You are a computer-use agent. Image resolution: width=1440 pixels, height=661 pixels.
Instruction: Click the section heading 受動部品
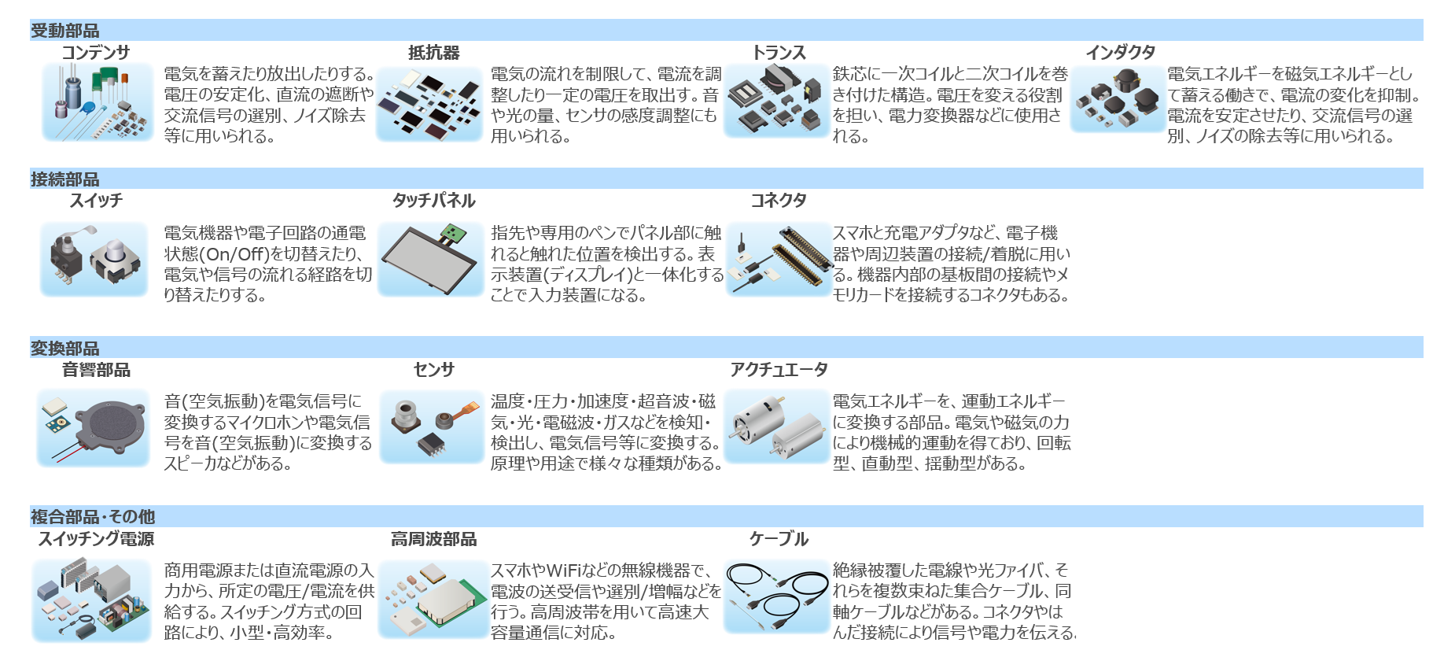pos(64,31)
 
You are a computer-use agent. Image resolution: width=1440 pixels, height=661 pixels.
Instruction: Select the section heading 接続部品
pos(64,179)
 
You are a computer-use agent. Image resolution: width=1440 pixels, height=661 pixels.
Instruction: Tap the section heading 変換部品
pos(64,348)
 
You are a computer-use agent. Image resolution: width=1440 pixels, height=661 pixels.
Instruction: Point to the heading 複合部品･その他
pos(93,517)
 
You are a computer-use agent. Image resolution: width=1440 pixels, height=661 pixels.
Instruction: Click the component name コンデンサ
pos(96,53)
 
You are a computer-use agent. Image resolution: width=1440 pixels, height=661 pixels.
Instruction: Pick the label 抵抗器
pos(433,53)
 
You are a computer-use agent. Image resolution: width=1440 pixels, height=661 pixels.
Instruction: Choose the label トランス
pos(779,53)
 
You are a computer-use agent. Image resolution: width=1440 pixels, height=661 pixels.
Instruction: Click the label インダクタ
pos(1120,53)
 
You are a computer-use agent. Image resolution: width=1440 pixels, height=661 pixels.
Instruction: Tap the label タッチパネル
pos(433,201)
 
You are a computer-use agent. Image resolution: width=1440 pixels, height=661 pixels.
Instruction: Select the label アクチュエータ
pos(779,370)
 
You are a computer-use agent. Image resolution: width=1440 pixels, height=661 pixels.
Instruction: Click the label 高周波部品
pos(433,539)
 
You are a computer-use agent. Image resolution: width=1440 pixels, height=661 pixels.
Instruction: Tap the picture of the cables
pos(777,596)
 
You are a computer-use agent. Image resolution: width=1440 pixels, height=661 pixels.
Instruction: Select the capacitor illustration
pos(98,103)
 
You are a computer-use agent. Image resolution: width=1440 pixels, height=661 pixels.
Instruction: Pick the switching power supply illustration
pos(92,600)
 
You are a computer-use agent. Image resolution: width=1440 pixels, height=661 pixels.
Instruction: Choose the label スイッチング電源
pos(96,539)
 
